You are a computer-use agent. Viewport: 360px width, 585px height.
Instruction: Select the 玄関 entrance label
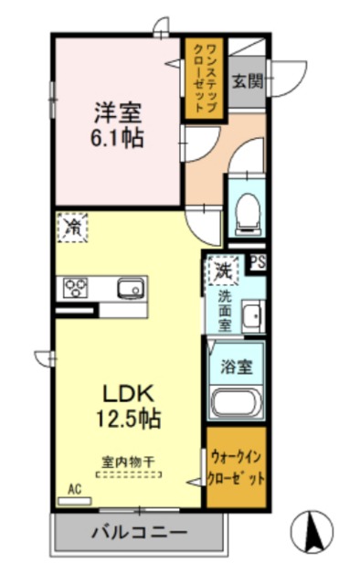(247, 80)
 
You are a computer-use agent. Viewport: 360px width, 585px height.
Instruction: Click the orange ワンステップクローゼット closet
(204, 79)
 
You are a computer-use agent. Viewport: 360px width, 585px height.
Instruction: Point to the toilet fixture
(245, 212)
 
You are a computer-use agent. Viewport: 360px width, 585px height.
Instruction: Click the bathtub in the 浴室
(237, 401)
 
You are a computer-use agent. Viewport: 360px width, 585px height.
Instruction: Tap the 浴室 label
(237, 366)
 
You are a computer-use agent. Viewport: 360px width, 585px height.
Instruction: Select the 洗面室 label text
(224, 308)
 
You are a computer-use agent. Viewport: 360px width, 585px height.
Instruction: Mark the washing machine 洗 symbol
(221, 270)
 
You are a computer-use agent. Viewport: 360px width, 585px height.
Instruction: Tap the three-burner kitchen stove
(76, 289)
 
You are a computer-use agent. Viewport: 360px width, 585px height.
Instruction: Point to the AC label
(75, 489)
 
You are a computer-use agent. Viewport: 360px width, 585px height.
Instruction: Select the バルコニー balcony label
(139, 531)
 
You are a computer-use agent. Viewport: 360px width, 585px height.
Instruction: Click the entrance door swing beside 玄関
(283, 78)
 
